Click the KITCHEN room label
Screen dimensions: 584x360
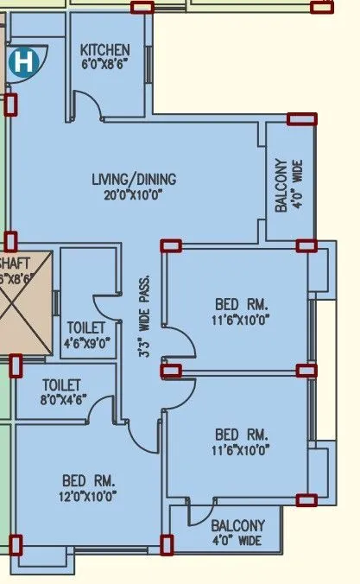coord(104,50)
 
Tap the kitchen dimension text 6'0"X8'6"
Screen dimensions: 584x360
coord(104,64)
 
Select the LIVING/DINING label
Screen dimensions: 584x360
coord(134,180)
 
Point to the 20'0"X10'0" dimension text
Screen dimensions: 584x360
coord(133,194)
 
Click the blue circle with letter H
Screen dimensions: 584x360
coord(23,62)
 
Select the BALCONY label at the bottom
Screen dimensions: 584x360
coord(237,526)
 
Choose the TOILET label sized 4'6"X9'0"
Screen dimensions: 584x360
coord(86,328)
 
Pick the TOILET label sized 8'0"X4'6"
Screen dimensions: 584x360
coord(61,384)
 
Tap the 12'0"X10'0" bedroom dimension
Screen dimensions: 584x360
coord(88,496)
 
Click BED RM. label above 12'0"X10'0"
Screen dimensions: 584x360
coord(88,480)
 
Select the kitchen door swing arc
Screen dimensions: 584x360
coord(87,108)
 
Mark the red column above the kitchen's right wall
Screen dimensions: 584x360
coord(142,8)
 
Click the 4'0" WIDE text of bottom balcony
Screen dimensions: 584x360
coord(237,541)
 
